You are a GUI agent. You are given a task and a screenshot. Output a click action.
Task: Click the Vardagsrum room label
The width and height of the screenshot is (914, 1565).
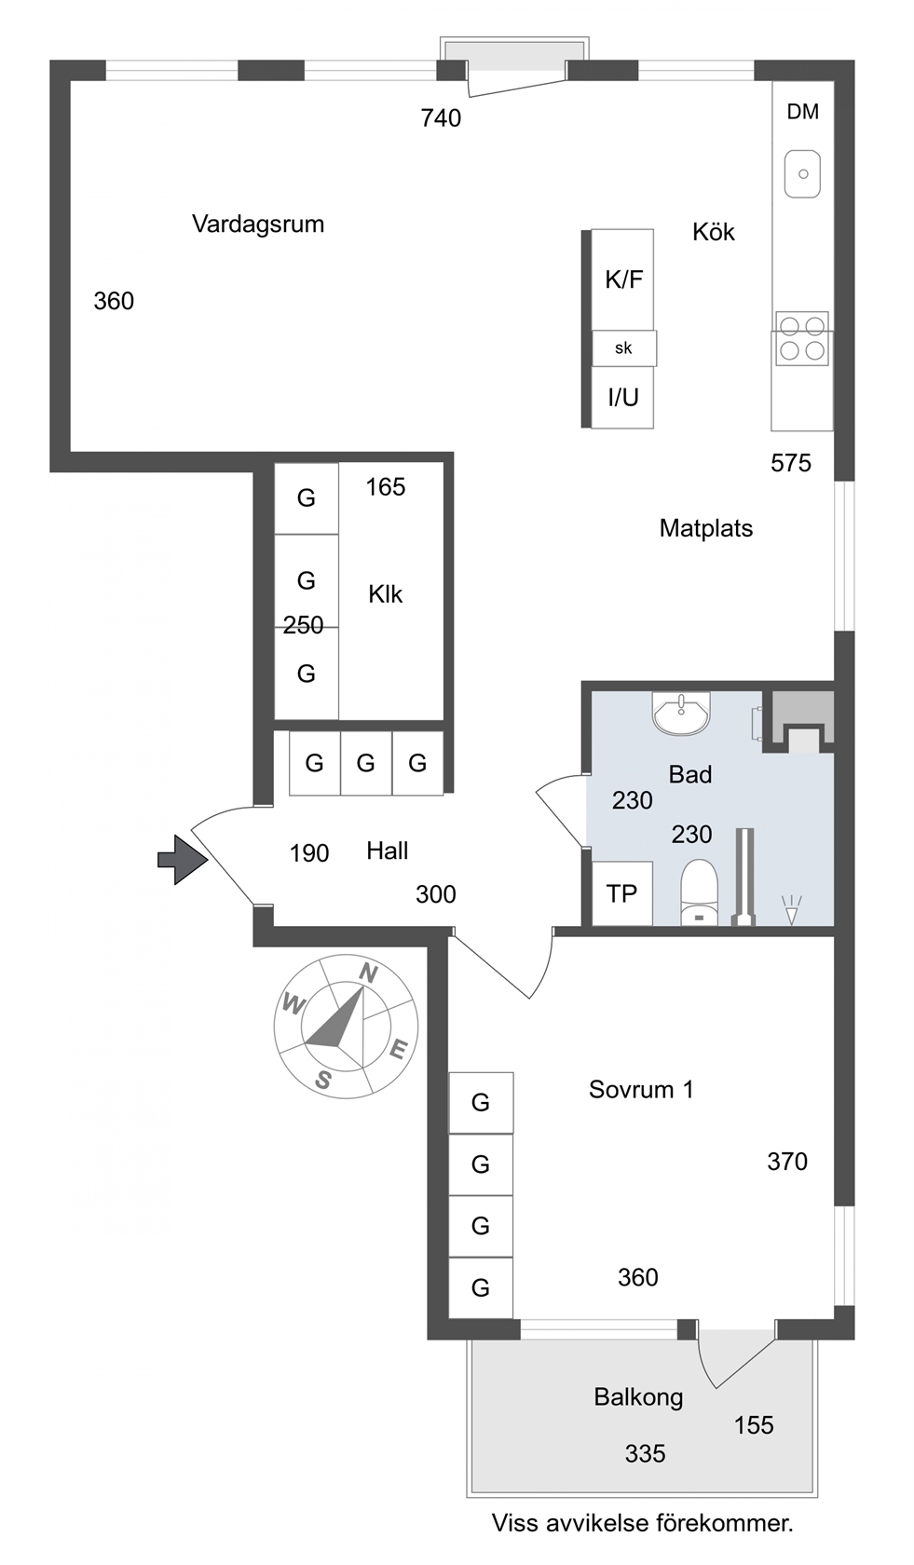coord(258,225)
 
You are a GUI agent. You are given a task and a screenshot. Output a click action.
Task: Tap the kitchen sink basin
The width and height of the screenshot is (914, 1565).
coord(802,174)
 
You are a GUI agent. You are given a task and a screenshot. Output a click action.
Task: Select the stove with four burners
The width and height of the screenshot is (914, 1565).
coord(801,338)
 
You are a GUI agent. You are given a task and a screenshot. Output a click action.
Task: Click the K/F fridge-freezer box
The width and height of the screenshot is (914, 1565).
coord(622,279)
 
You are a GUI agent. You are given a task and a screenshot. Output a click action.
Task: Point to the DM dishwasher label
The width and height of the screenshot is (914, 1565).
coord(803,112)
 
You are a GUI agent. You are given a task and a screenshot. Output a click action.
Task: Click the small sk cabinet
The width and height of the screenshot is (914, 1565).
coord(624,348)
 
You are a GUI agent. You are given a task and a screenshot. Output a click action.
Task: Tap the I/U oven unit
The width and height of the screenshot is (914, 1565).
coord(622,397)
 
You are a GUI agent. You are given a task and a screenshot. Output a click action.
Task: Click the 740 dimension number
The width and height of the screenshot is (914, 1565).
coord(441,118)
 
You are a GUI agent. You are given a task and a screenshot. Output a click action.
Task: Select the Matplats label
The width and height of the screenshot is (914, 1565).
coord(706,528)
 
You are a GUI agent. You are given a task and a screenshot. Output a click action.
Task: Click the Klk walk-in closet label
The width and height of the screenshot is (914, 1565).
coord(386,594)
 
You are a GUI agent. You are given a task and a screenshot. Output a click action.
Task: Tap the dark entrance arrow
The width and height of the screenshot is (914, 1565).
coord(183,859)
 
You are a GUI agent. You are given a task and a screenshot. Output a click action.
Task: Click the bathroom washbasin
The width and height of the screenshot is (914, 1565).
coord(680,713)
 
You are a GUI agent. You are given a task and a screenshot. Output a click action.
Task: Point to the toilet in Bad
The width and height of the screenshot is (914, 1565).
coord(700,892)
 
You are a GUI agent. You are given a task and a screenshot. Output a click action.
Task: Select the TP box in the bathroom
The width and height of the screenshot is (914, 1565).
coord(622,893)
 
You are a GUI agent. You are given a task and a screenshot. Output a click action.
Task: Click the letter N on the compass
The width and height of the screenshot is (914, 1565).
coord(368,973)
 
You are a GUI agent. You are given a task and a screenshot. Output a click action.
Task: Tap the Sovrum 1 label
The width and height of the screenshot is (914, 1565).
coord(641,1089)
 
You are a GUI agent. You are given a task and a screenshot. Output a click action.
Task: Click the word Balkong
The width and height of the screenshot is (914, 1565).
coord(639,1396)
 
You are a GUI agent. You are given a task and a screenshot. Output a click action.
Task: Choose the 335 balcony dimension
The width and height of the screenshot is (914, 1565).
coord(645,1454)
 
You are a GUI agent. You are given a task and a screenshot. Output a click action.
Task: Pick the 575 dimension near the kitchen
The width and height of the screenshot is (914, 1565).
coord(791,462)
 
